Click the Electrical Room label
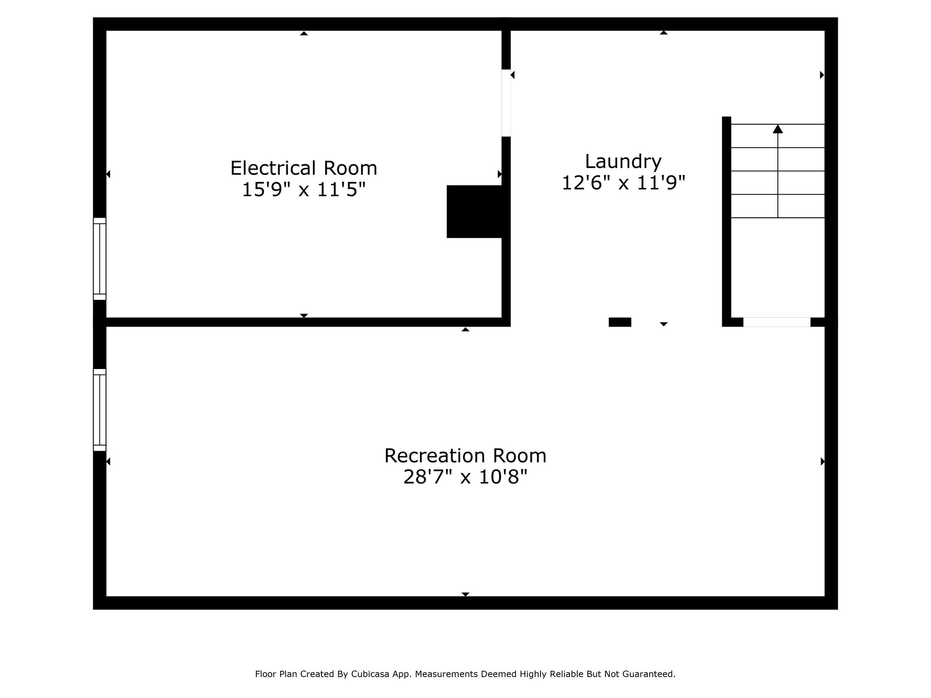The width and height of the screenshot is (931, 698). pos(304,168)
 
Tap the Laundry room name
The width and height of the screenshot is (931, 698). pos(623,162)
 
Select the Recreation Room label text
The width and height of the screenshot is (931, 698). pos(465,456)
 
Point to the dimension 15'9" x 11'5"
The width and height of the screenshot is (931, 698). pos(304,189)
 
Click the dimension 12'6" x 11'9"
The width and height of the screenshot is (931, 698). pos(623,183)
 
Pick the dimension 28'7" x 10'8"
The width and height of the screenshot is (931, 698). pos(465,477)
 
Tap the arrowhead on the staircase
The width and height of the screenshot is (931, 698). pos(778,129)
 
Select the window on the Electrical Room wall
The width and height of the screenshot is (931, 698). pos(100,259)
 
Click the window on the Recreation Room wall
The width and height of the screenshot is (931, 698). pos(100,410)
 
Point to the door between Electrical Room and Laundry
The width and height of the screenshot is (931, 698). pos(506,103)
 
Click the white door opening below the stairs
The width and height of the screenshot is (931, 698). pos(776,322)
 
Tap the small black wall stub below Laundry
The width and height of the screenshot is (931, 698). pos(620,322)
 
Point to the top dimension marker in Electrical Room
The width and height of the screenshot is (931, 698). pos(304,33)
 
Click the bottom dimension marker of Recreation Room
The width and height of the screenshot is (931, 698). pos(465,594)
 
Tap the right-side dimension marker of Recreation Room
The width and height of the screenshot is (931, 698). pos(822,462)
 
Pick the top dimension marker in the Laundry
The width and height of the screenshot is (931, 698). pos(664,33)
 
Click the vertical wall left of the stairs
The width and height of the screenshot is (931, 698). pos(726,221)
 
